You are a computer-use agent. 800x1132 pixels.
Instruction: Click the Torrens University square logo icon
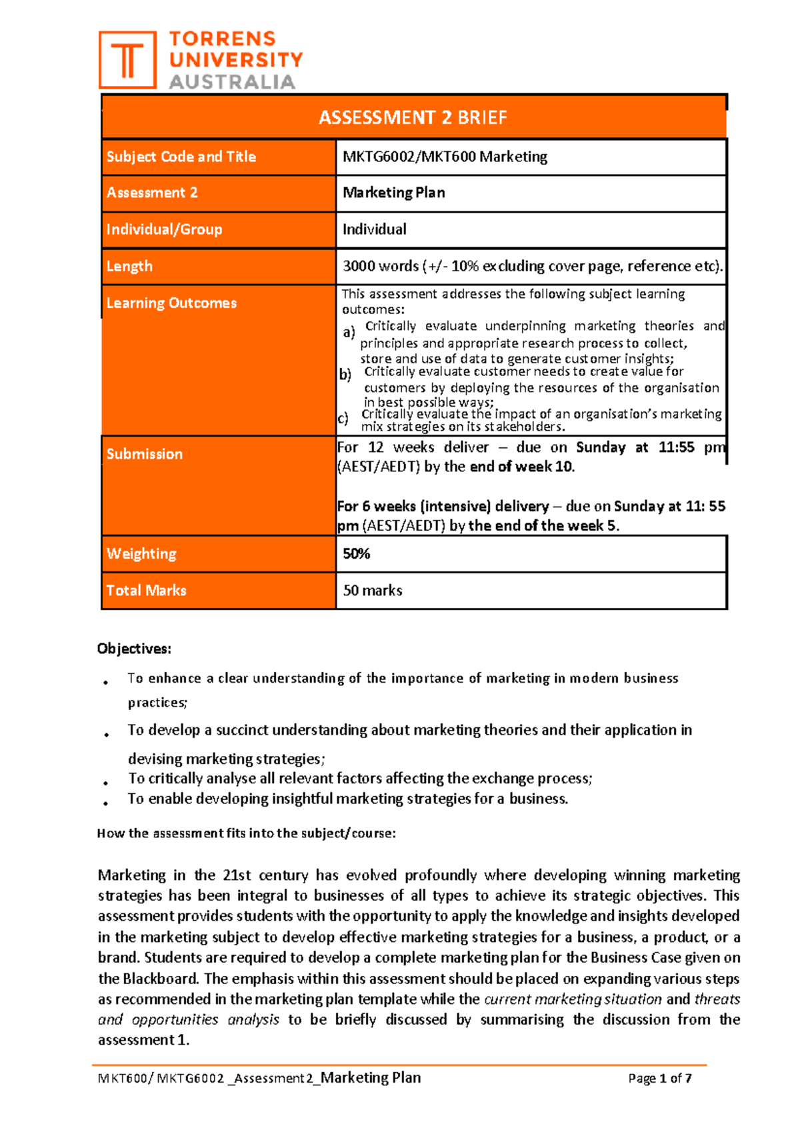[127, 60]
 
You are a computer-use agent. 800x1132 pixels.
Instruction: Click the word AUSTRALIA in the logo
[231, 82]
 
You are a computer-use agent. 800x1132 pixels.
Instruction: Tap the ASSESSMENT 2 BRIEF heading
[413, 118]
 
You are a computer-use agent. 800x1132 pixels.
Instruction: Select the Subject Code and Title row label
[181, 157]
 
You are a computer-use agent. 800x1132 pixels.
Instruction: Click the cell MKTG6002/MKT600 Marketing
[445, 157]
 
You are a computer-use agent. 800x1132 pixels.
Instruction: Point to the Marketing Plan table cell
[393, 193]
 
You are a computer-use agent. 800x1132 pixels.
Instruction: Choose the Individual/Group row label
[164, 229]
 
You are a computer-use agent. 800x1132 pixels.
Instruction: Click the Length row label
[129, 266]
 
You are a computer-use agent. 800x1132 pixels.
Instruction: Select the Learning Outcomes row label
[171, 303]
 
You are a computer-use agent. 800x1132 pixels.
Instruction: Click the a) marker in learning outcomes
[349, 332]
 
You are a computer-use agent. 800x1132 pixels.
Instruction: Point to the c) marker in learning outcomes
[343, 419]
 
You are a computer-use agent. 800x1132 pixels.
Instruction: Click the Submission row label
[144, 454]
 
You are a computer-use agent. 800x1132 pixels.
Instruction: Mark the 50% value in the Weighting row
[356, 553]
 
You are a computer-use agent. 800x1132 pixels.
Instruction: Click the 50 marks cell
[372, 590]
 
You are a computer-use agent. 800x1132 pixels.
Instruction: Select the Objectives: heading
[134, 649]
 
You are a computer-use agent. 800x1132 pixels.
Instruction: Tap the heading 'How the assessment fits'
[246, 833]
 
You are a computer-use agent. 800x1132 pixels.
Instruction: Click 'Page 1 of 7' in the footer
[659, 1078]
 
